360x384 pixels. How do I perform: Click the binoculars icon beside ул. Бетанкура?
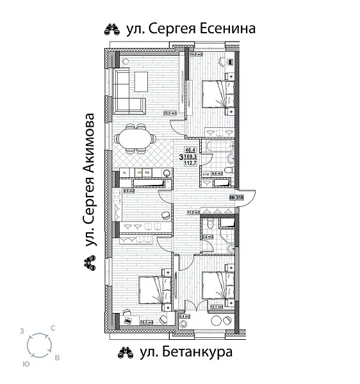[124, 353]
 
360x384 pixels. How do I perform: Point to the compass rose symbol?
[40, 346]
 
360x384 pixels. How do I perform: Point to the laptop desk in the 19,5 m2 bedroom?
[129, 315]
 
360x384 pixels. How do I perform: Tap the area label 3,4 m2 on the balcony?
[185, 316]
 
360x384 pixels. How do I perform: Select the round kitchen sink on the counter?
[167, 172]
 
